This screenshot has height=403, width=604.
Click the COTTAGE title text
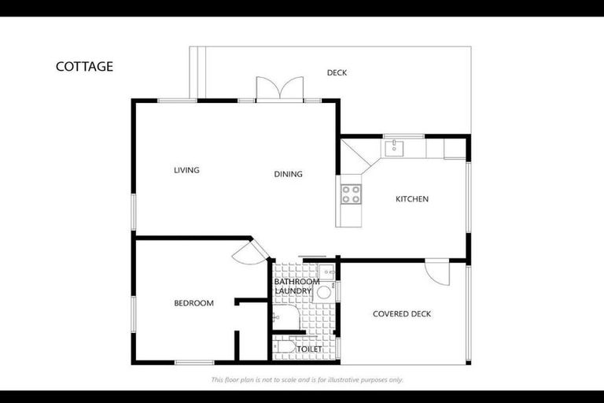84,66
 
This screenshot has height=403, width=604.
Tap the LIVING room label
186,170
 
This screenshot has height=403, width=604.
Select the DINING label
288,174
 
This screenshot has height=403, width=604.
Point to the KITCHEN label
411,199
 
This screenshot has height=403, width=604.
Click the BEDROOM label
193,303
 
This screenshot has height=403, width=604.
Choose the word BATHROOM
296,282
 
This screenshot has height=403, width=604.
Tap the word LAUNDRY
293,291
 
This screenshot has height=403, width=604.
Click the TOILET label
309,349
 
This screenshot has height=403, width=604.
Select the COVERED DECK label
401,314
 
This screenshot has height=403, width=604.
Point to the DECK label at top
337,73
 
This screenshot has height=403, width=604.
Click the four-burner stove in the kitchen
350,194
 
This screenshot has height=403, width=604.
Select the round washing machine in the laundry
323,293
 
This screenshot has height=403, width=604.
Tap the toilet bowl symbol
283,347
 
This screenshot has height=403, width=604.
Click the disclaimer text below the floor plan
307,379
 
